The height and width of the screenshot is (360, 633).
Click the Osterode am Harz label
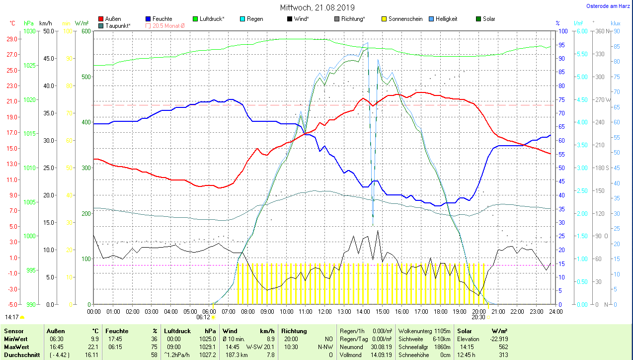pos(609,6)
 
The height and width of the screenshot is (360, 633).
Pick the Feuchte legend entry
pos(162,19)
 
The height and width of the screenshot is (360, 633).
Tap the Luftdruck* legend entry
pos(212,19)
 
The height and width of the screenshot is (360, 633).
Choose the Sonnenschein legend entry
pos(405,19)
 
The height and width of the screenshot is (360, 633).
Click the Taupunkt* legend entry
pos(118,25)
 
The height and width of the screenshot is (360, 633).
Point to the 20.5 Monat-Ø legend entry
pos(168,25)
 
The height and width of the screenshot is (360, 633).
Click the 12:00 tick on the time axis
pos(324,311)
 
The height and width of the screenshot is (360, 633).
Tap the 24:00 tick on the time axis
pos(555,311)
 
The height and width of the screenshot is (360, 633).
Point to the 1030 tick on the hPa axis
pos(29,31)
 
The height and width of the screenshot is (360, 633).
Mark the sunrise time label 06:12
pos(203,317)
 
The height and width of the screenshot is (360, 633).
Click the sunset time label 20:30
pos(478,317)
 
